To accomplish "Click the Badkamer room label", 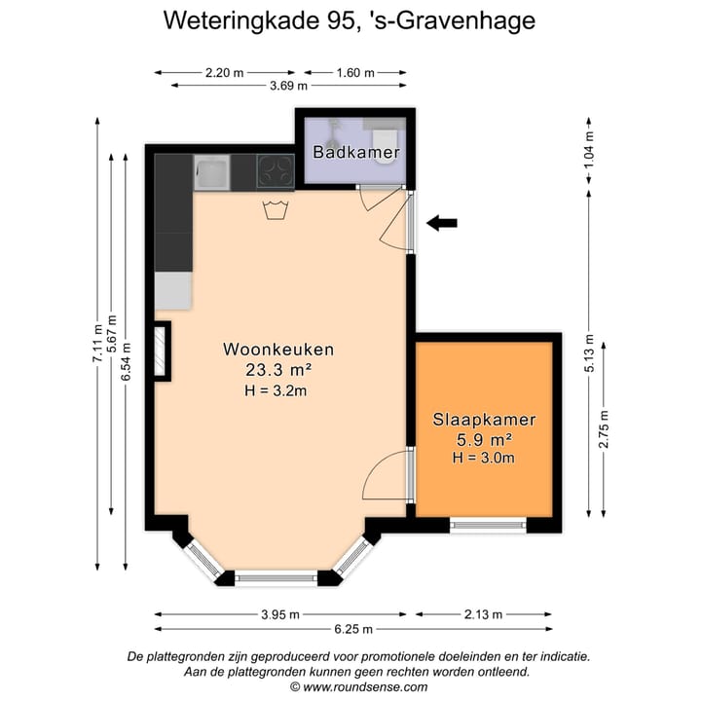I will click(356, 152).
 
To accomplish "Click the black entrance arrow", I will click(442, 223).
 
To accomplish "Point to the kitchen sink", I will click(211, 172).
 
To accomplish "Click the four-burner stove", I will click(275, 172).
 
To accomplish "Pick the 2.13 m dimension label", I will click(483, 614).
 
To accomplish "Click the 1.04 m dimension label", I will click(588, 152).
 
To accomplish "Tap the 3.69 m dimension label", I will click(288, 87).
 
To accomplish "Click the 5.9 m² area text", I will click(484, 439).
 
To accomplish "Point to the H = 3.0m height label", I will click(484, 458).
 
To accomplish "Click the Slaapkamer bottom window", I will click(488, 527).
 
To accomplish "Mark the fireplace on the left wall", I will click(159, 350).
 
